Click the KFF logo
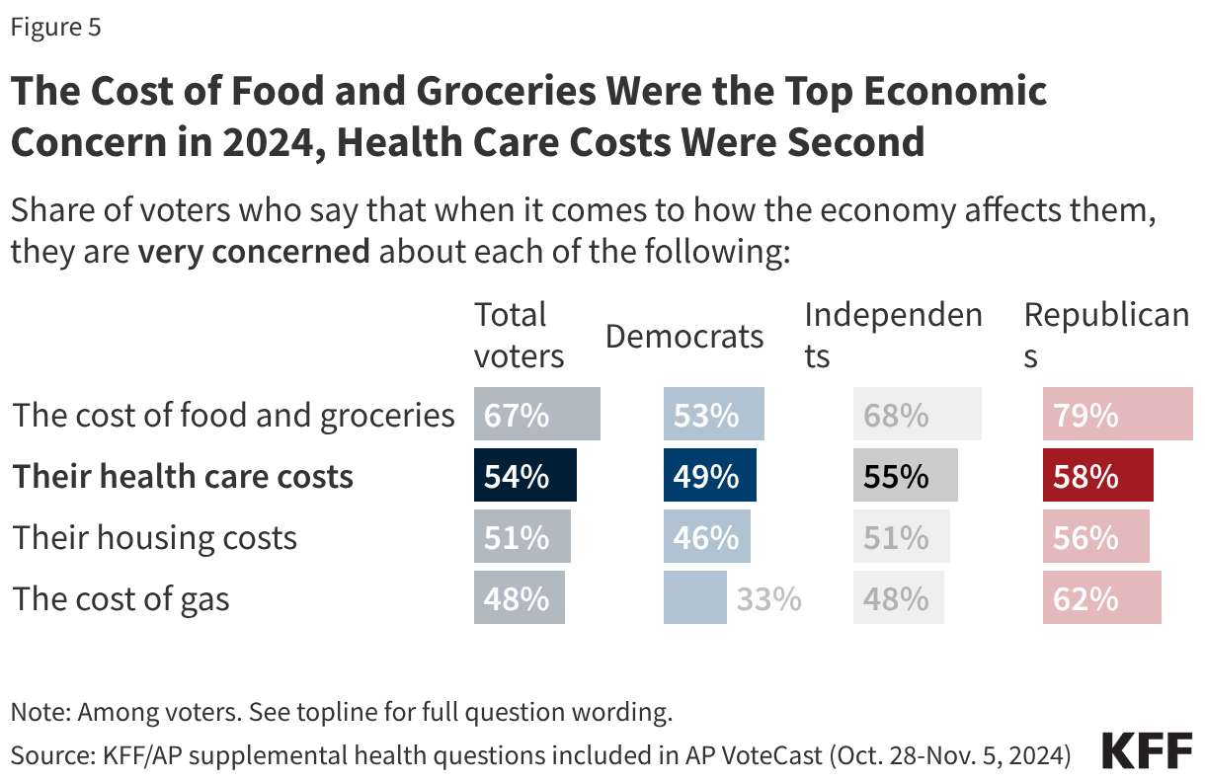[1147, 752]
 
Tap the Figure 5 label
[55, 28]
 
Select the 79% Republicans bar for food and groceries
[1117, 415]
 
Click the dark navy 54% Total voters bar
[524, 476]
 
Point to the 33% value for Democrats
[767, 598]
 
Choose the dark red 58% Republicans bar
[1097, 476]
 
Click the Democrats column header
[684, 336]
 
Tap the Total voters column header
[519, 336]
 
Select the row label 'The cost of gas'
[120, 598]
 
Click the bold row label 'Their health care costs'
[183, 476]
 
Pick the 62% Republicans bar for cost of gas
[1101, 598]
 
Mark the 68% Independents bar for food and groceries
[917, 415]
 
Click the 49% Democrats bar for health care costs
[709, 476]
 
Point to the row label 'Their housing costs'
[154, 537]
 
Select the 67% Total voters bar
[536, 415]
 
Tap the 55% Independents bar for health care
[905, 476]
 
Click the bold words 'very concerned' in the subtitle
[254, 251]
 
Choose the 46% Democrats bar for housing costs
[706, 537]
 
